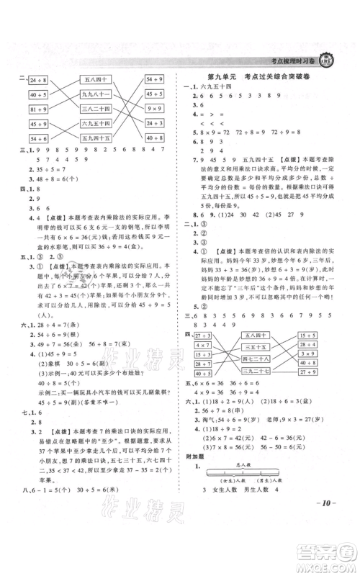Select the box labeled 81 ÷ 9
[x=37, y=109]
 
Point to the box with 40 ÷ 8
[x=37, y=95]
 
